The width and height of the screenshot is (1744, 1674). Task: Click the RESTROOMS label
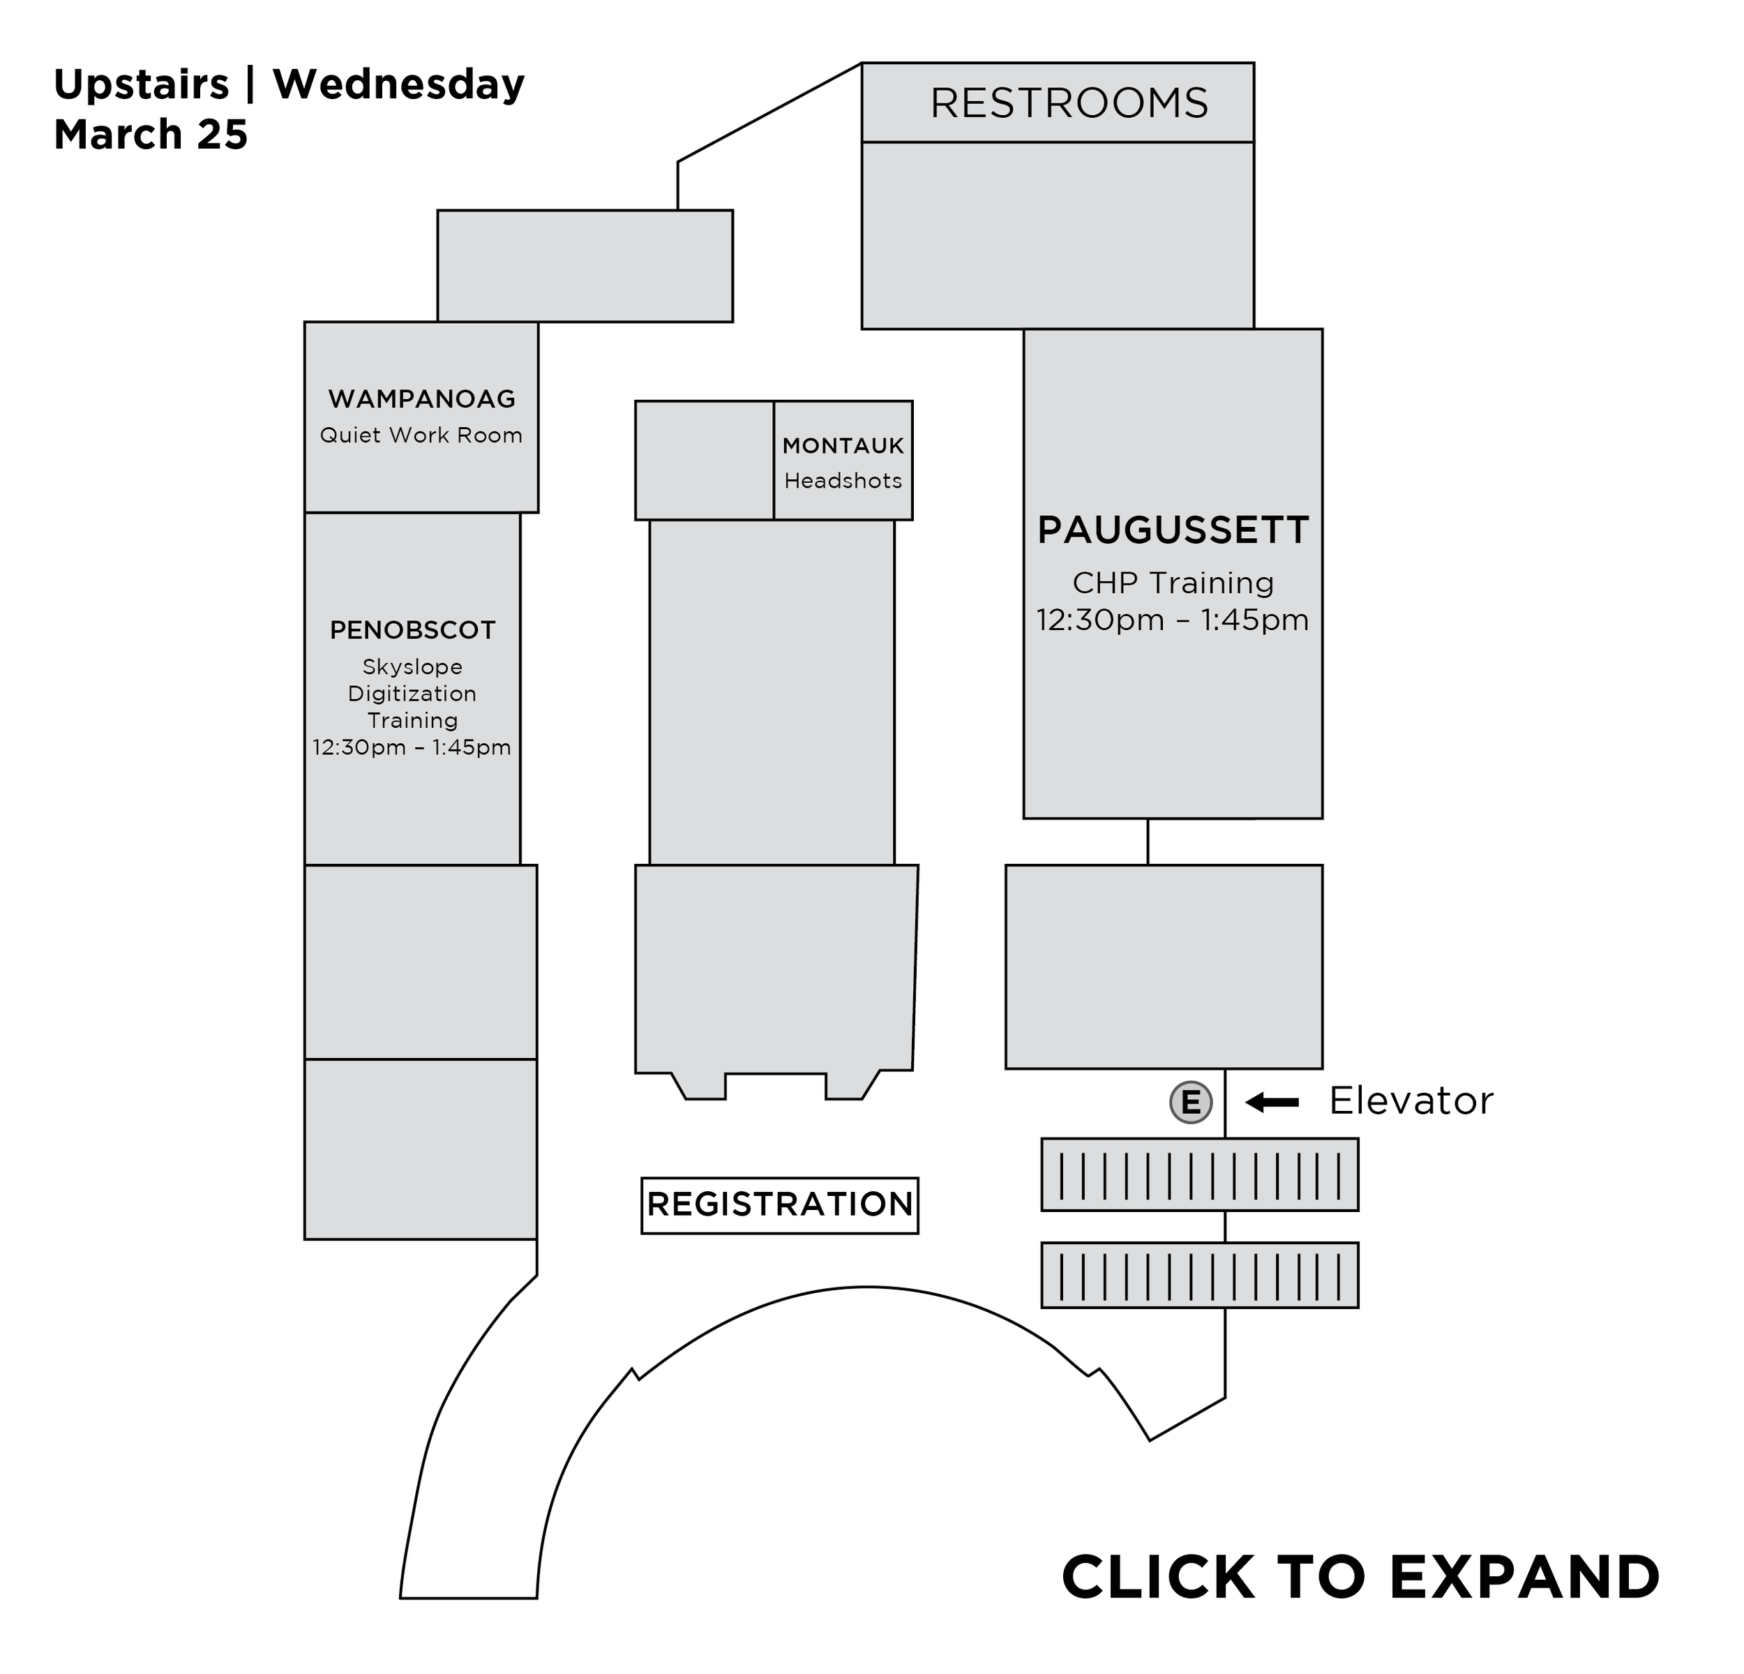pos(1069,103)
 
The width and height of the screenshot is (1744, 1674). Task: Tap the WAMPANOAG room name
pos(422,398)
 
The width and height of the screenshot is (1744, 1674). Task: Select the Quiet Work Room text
pos(421,435)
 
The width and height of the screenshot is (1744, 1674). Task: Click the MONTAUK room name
pos(843,446)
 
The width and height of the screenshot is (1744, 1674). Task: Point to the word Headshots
pos(843,481)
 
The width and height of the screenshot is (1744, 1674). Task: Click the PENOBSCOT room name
pos(413,630)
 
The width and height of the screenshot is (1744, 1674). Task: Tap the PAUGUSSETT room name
pos(1173,530)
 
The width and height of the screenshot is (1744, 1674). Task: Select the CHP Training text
pos(1173,583)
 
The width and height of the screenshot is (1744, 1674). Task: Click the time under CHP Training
pos(1173,620)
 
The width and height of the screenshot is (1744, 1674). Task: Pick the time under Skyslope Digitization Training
pos(412,747)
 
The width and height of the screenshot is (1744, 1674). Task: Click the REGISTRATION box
pos(779,1205)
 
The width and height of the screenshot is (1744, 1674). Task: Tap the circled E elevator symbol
pos(1191,1103)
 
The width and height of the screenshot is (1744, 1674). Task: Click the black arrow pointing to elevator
pos(1272,1103)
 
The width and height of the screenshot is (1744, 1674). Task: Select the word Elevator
pos(1411,1102)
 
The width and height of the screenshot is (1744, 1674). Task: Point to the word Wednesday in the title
pos(398,85)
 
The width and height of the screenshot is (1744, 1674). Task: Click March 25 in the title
pos(151,135)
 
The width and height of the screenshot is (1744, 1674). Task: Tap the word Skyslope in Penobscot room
pos(412,666)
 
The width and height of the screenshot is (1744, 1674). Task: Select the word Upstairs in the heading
pos(142,85)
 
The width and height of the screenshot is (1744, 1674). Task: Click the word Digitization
pos(412,694)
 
